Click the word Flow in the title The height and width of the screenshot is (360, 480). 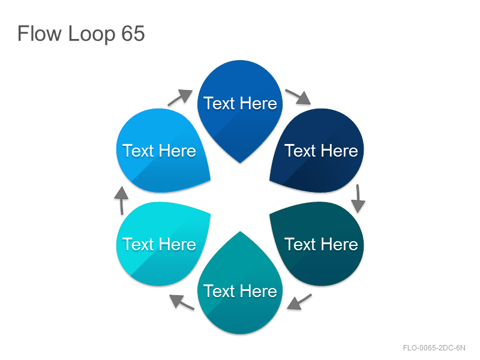pyautogui.click(x=40, y=33)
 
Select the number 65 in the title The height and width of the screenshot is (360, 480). pyautogui.click(x=133, y=33)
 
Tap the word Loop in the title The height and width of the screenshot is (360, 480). pyautogui.click(x=92, y=34)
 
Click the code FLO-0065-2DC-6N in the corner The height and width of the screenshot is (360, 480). pyautogui.click(x=434, y=348)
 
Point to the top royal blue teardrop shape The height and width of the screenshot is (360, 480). pyautogui.click(x=240, y=107)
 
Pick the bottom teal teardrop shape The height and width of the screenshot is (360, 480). pyautogui.click(x=240, y=288)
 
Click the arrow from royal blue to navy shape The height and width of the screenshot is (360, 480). pyautogui.click(x=298, y=97)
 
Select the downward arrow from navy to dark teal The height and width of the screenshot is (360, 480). pyautogui.click(x=358, y=199)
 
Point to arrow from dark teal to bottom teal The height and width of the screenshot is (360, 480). pyautogui.click(x=299, y=302)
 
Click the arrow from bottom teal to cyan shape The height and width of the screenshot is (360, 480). pyautogui.click(x=182, y=302)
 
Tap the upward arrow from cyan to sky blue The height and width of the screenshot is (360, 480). pyautogui.click(x=122, y=200)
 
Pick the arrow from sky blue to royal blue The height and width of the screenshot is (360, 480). pyautogui.click(x=181, y=97)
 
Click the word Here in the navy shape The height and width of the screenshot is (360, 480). pyautogui.click(x=340, y=151)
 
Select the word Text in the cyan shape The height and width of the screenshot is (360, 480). pyautogui.click(x=138, y=244)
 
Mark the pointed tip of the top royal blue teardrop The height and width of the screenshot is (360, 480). pyautogui.click(x=240, y=163)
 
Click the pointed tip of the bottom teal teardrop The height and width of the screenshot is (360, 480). pyautogui.click(x=240, y=232)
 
